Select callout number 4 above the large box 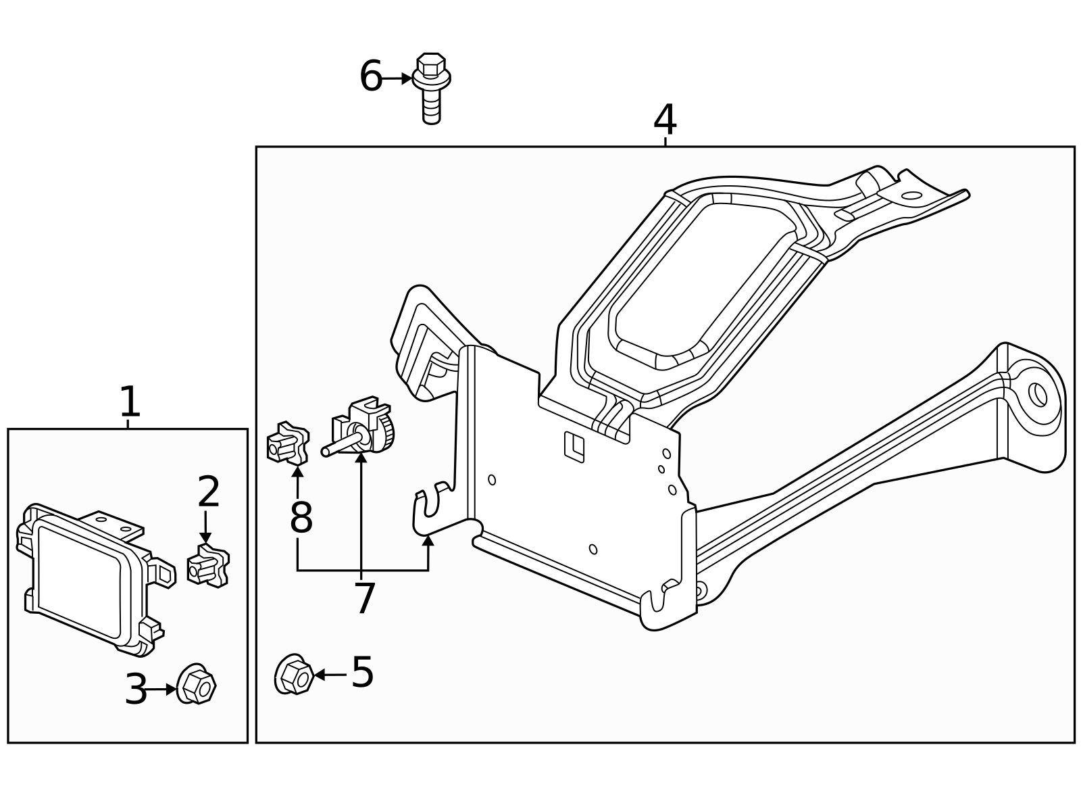click(x=665, y=120)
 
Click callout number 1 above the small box click(x=129, y=402)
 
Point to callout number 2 click(x=209, y=492)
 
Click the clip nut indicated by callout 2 click(x=208, y=565)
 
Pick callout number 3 click(x=136, y=690)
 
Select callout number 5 click(x=362, y=673)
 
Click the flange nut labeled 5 click(x=293, y=675)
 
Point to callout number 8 click(x=301, y=518)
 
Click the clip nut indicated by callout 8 click(x=288, y=443)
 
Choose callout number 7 click(x=364, y=598)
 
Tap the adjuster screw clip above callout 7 click(x=363, y=427)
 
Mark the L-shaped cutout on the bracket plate click(x=574, y=447)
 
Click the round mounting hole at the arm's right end click(x=1037, y=394)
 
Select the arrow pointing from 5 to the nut click(x=330, y=674)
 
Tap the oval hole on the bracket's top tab click(x=911, y=196)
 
